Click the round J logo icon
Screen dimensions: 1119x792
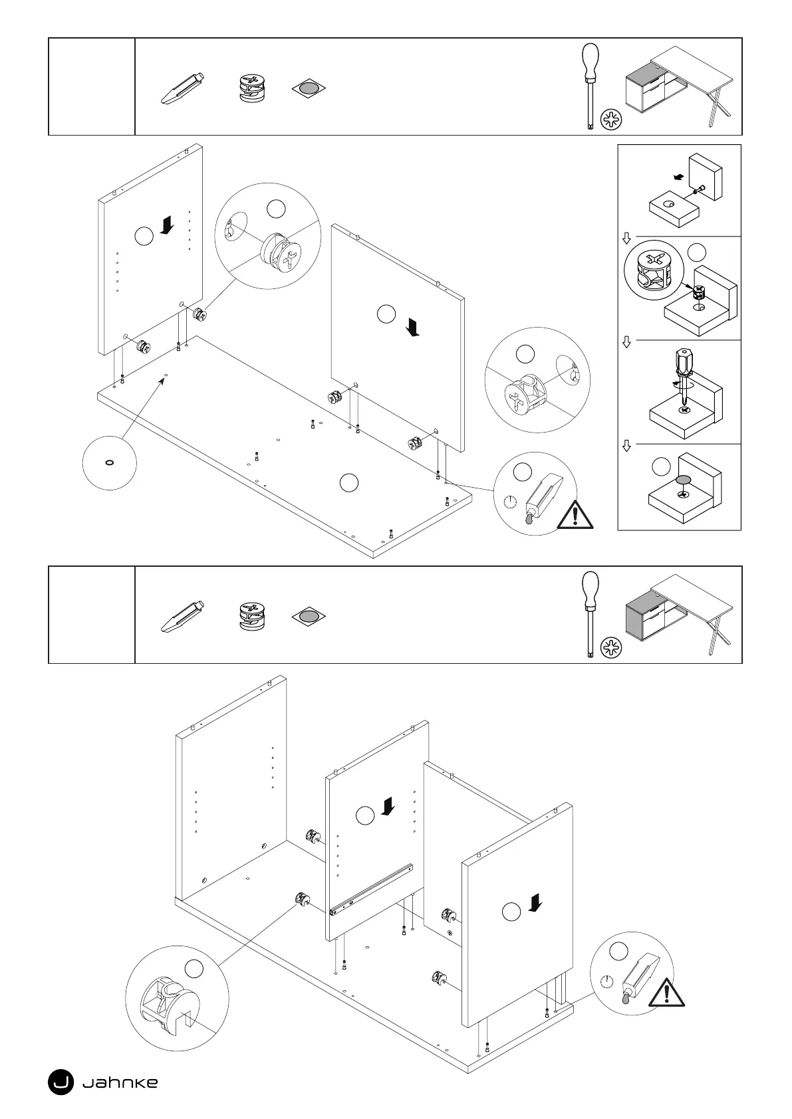coord(61,1082)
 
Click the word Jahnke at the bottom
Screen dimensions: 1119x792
coord(120,1082)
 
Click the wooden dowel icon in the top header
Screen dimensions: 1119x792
coord(182,88)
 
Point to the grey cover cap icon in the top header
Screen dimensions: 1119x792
coord(309,88)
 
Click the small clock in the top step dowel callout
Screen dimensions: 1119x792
coord(510,501)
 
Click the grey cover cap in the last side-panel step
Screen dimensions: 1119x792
coord(682,480)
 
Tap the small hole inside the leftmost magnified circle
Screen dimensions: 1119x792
coord(109,462)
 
